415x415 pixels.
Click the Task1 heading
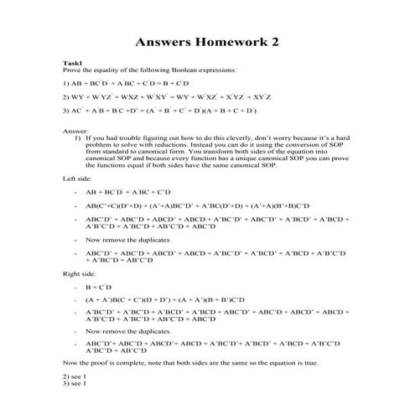73,63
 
